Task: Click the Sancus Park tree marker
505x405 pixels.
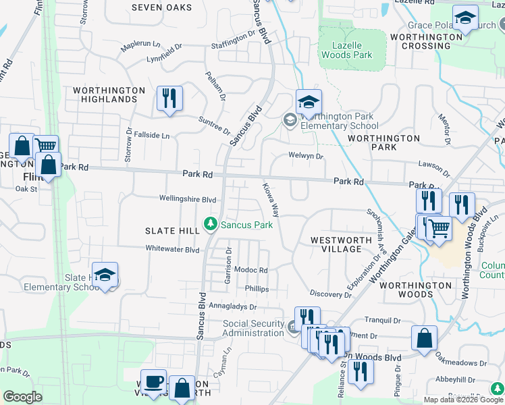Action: point(211,224)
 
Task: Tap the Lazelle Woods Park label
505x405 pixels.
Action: point(352,50)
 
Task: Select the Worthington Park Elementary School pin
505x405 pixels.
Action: point(309,103)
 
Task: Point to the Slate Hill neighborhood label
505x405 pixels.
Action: point(172,231)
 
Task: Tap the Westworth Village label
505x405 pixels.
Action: point(341,244)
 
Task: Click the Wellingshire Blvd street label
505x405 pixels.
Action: point(187,200)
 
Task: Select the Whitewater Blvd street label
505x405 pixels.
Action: point(173,249)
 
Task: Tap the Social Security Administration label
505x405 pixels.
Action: point(253,328)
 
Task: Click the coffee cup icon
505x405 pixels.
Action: point(153,381)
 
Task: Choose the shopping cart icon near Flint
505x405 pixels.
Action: point(45,145)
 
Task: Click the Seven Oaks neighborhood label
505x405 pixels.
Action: point(161,7)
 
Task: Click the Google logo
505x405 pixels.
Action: point(22,398)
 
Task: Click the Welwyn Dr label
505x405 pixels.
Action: point(306,157)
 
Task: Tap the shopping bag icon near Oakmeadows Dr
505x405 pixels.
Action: point(424,338)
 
